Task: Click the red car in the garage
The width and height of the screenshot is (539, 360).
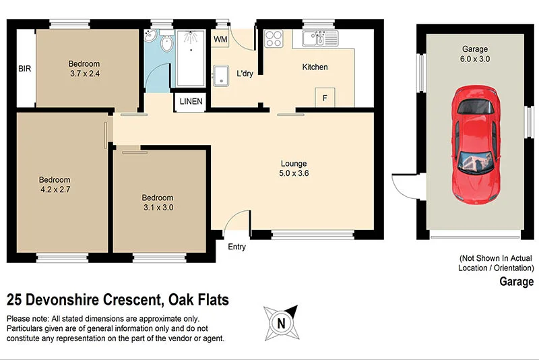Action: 477,144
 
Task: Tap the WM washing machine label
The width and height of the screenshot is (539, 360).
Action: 220,40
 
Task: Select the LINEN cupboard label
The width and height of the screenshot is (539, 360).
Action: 191,102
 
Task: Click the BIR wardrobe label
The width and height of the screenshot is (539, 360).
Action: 25,68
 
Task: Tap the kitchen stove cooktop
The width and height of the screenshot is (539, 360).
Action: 274,38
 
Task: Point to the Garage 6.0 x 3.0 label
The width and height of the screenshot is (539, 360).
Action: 475,54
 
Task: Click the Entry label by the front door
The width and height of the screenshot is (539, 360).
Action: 236,247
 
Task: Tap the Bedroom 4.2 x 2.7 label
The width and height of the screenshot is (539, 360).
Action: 55,185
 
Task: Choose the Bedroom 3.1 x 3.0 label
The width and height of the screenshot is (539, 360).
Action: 158,202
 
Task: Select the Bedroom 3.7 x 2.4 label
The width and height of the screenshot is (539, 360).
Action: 84,69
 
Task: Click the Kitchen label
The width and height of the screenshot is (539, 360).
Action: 315,67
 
